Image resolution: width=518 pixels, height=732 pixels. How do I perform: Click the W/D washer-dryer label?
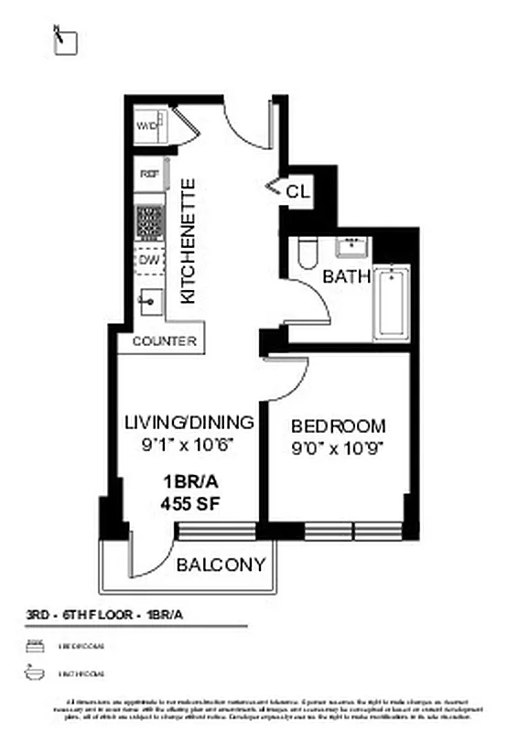(x=146, y=126)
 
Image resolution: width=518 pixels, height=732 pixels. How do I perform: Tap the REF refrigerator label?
(x=146, y=173)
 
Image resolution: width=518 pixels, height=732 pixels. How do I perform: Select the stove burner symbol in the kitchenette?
(x=148, y=221)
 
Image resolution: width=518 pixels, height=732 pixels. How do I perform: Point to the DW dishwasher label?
(x=148, y=261)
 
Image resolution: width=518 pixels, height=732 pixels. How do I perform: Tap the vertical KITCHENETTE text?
(x=189, y=242)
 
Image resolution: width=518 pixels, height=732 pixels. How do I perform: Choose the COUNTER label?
(x=165, y=341)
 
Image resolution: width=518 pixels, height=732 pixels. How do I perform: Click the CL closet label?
(x=298, y=192)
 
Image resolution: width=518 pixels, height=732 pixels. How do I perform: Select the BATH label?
(x=346, y=276)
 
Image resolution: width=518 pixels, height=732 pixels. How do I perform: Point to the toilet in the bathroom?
(x=307, y=253)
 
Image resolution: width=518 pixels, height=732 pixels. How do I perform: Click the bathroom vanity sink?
(x=351, y=246)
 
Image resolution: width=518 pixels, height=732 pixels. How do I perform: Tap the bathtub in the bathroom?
(x=390, y=302)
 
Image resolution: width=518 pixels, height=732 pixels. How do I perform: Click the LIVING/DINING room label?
(x=189, y=423)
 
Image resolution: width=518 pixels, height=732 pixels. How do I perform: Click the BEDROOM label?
(x=339, y=426)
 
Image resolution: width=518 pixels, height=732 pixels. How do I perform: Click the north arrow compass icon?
(x=64, y=41)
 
